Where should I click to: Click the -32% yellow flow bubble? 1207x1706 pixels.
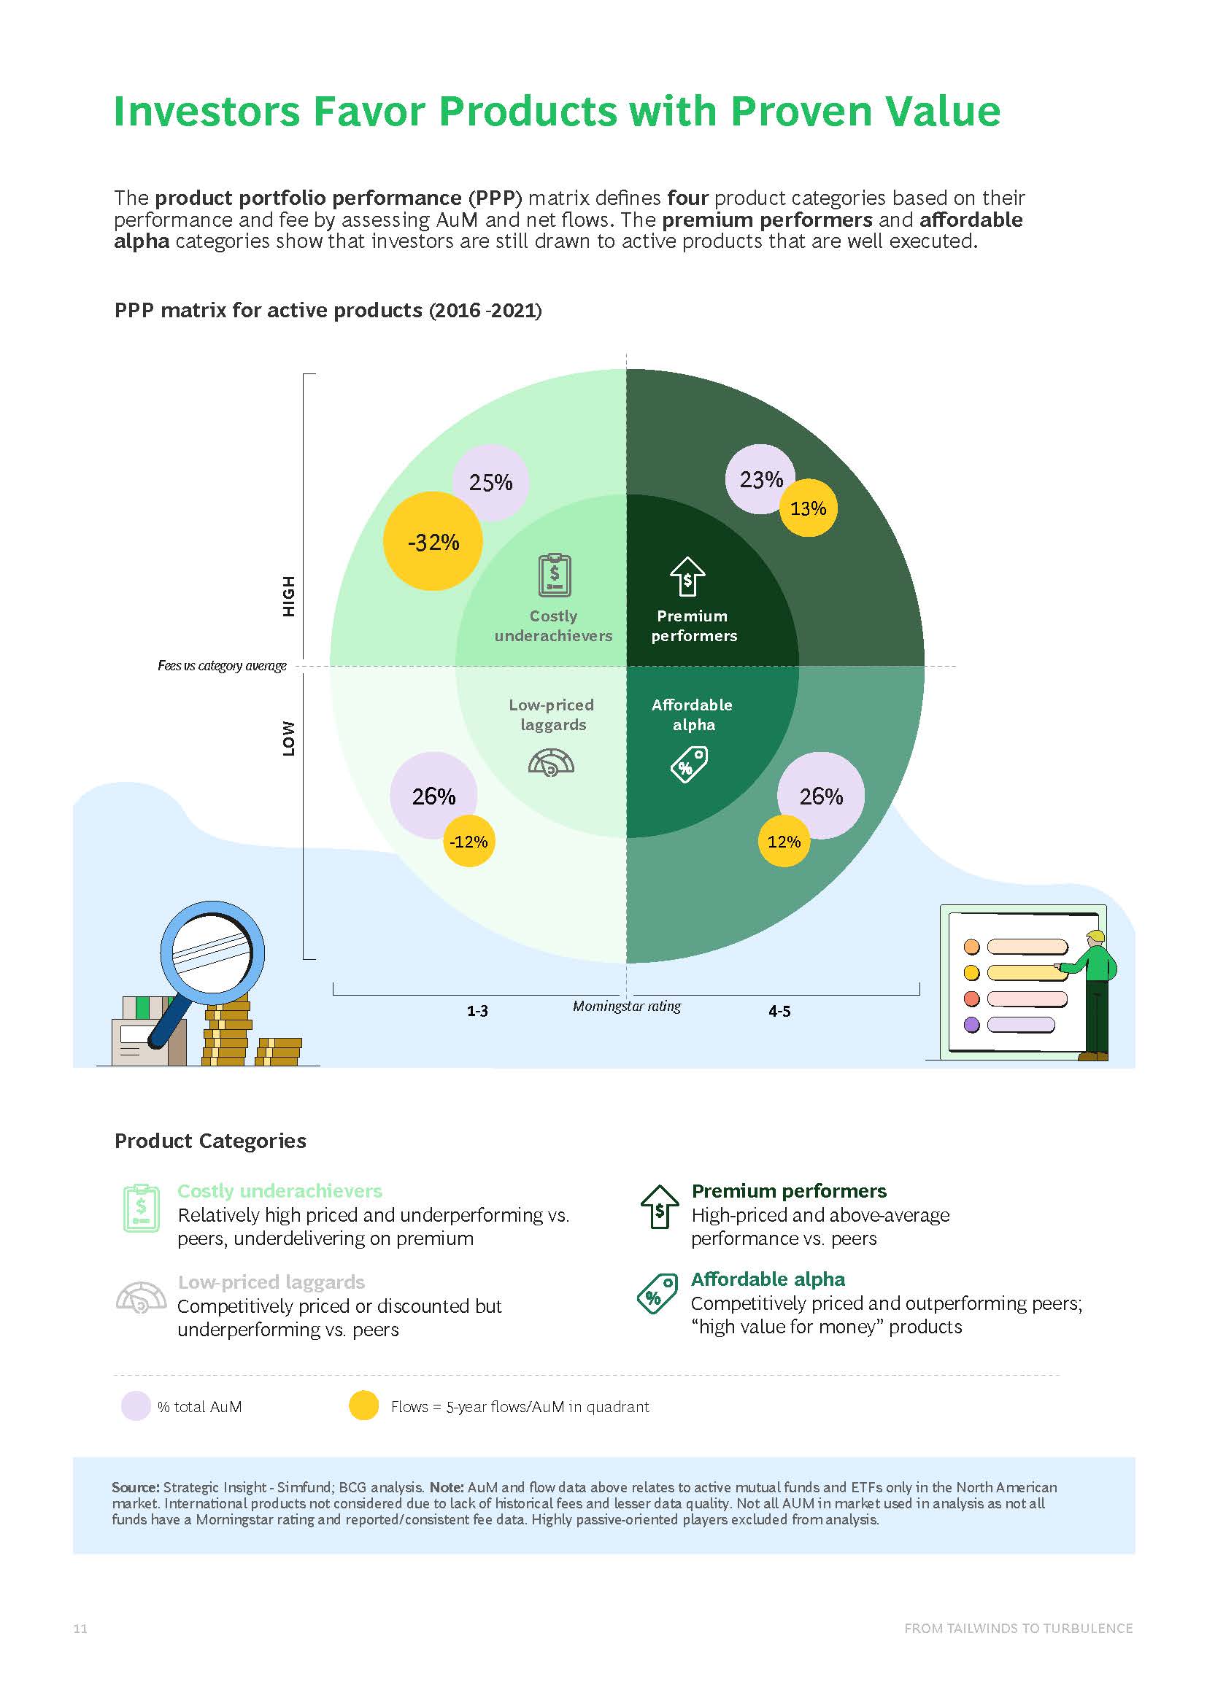(x=433, y=542)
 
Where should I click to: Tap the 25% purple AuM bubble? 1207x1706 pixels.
(x=490, y=483)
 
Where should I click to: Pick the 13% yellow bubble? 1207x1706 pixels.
(x=809, y=508)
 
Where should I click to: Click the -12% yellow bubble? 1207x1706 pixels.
(x=469, y=842)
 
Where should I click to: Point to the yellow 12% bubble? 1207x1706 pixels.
(x=784, y=842)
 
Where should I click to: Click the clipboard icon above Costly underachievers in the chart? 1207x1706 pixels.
(x=555, y=574)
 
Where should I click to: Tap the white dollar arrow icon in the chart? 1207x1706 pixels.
(x=687, y=577)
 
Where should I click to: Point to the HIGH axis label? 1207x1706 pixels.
(x=288, y=596)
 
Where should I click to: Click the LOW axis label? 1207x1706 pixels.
(x=288, y=739)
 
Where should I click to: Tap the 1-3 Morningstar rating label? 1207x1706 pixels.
(x=477, y=1011)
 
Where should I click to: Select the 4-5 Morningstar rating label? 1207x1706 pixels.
(x=779, y=1011)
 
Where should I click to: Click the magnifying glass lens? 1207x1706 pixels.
(x=212, y=953)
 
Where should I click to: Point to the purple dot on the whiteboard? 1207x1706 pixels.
(x=971, y=1025)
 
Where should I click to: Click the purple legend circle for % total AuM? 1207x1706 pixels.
(x=136, y=1406)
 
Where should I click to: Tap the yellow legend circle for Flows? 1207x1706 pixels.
(x=364, y=1405)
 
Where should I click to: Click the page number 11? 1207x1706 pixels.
(x=80, y=1629)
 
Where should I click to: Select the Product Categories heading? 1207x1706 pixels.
(x=210, y=1141)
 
